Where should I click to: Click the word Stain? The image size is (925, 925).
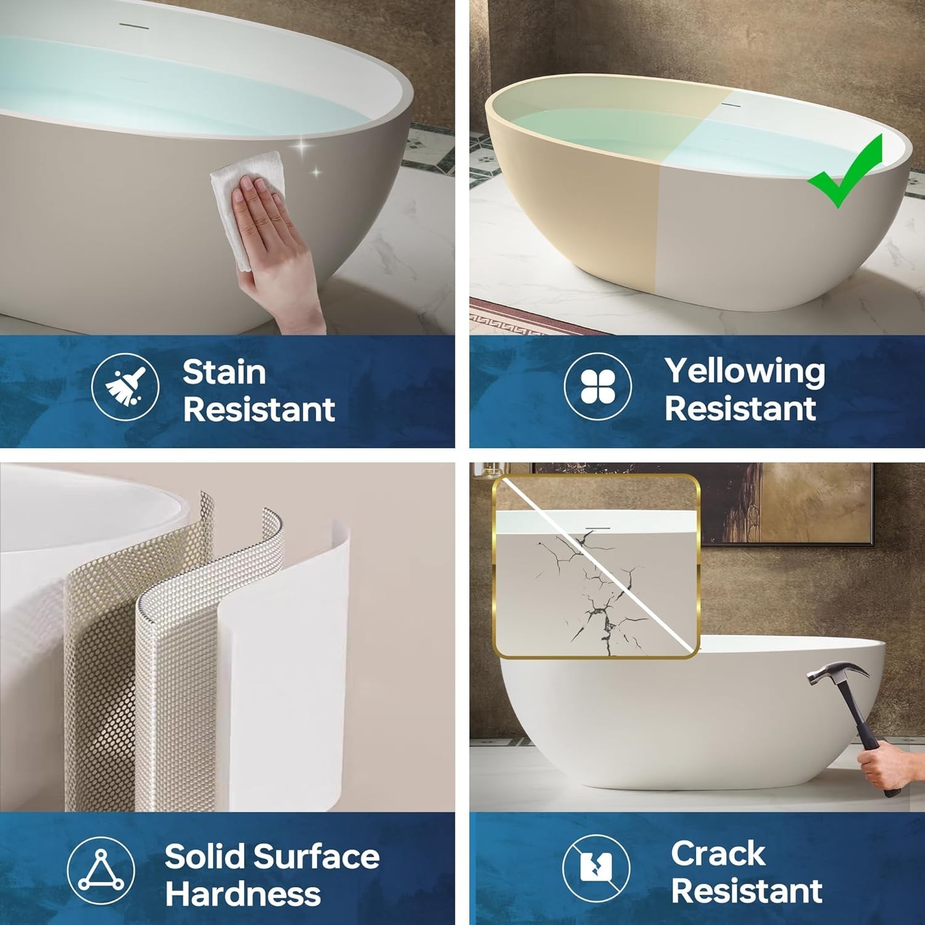click(x=224, y=372)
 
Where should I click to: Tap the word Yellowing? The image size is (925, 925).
click(x=745, y=372)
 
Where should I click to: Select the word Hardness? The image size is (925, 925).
click(x=243, y=894)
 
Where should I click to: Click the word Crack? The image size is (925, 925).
click(x=718, y=854)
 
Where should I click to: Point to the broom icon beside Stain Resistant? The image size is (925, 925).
click(x=125, y=387)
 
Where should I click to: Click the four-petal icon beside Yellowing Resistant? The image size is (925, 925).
click(x=598, y=387)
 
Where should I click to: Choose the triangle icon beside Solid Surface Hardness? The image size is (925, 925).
click(x=101, y=870)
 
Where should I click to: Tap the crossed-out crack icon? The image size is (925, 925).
click(x=596, y=867)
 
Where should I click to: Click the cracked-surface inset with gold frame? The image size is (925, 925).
click(x=596, y=566)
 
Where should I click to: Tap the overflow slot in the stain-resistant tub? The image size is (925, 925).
click(x=131, y=25)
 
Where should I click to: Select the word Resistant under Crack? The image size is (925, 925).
click(x=746, y=891)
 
